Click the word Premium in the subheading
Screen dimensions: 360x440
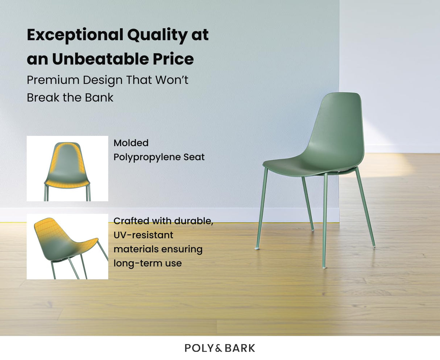(53, 80)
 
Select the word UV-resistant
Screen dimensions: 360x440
(143, 235)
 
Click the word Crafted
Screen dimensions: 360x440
(131, 221)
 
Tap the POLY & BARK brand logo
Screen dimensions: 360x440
(220, 348)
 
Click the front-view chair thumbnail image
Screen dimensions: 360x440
(67, 169)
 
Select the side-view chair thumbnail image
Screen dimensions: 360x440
(67, 247)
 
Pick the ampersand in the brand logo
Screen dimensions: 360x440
(218, 348)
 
